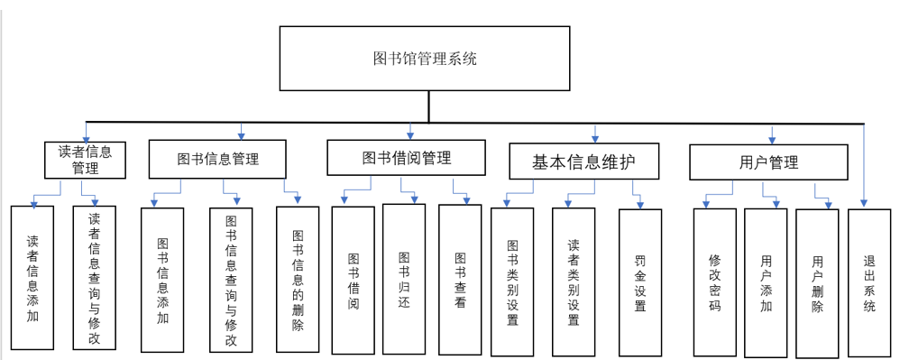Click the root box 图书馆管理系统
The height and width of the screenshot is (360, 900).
pyautogui.click(x=425, y=59)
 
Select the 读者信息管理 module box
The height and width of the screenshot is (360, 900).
pyautogui.click(x=86, y=160)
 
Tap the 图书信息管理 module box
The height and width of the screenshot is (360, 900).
pyautogui.click(x=217, y=160)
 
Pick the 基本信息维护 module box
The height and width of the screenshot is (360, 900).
pyautogui.click(x=583, y=162)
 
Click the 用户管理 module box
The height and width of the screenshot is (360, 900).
pyautogui.click(x=768, y=162)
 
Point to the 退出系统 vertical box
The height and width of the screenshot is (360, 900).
pyautogui.click(x=869, y=282)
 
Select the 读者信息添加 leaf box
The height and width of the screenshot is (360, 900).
pyautogui.click(x=33, y=278)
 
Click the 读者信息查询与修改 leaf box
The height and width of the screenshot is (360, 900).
pyautogui.click(x=95, y=278)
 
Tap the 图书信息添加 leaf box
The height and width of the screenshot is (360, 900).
pyautogui.click(x=162, y=280)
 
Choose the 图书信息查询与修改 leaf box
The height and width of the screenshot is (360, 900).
pyautogui.click(x=231, y=281)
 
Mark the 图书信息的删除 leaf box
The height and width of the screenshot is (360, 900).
pyautogui.click(x=298, y=280)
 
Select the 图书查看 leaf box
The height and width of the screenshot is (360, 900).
pyautogui.click(x=460, y=279)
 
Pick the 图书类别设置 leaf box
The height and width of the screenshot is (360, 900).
pyautogui.click(x=512, y=282)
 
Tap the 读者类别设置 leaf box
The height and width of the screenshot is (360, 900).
pyautogui.click(x=574, y=282)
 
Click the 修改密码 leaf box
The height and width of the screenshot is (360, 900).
pyautogui.click(x=715, y=282)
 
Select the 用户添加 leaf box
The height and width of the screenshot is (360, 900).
pyautogui.click(x=766, y=282)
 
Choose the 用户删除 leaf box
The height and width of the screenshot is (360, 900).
pyautogui.click(x=817, y=282)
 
